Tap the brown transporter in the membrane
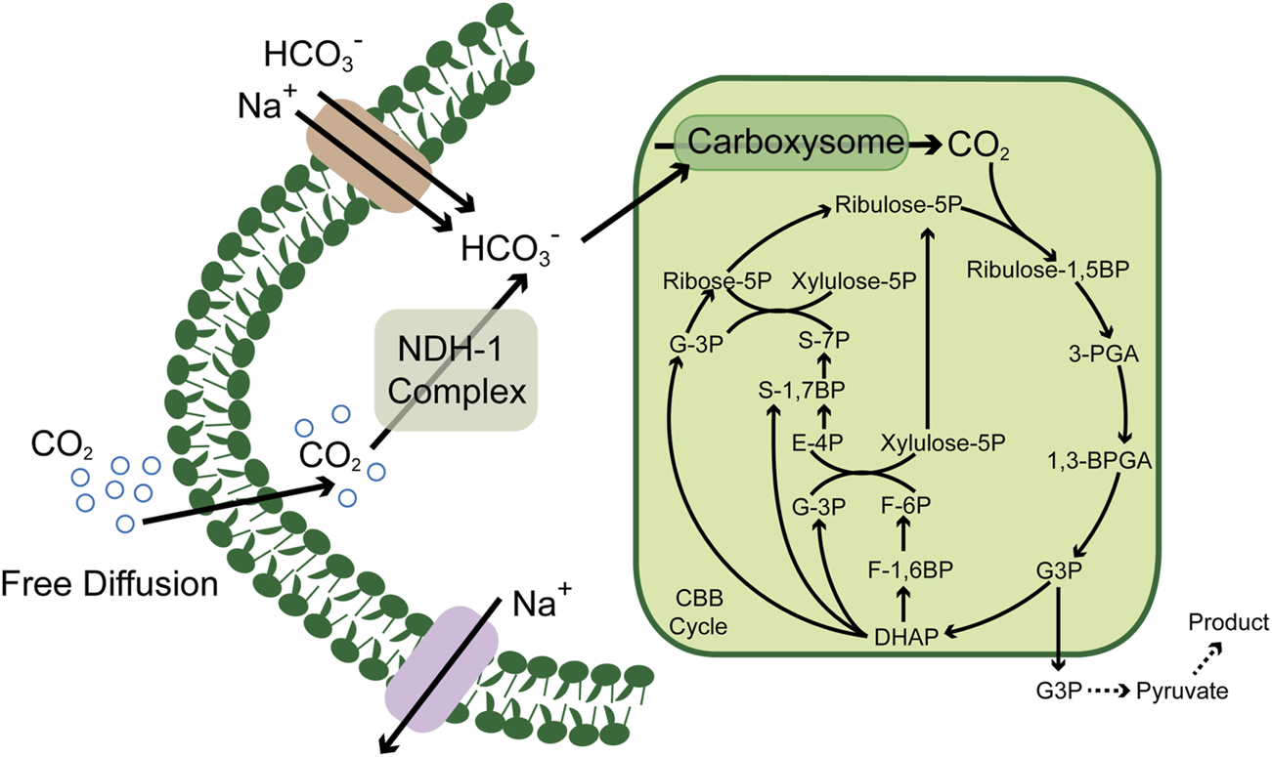pos(369,165)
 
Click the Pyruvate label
pos(1181,691)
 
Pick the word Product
pos(1227,622)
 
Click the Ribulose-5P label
pos(899,206)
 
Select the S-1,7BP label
pos(803,389)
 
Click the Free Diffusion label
pos(108,583)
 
